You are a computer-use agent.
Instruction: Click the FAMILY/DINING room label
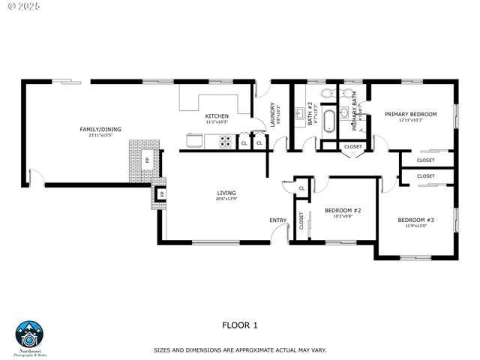pos(100,129)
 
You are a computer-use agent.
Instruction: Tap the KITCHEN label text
pos(217,115)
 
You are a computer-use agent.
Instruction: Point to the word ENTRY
pos(277,220)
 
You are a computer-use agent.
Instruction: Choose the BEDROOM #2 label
pos(343,210)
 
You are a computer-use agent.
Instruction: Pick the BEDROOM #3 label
pos(415,220)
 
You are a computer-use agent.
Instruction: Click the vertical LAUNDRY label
pos(273,115)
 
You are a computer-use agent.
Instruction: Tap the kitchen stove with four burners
pos(224,140)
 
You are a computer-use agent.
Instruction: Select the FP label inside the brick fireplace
pos(147,160)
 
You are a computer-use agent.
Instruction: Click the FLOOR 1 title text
pos(240,325)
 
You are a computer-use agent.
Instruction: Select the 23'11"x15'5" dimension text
pos(100,136)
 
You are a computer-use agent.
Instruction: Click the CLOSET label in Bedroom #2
pos(301,220)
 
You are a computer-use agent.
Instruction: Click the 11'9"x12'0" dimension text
pos(415,226)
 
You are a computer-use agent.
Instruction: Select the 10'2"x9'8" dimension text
pos(343,216)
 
